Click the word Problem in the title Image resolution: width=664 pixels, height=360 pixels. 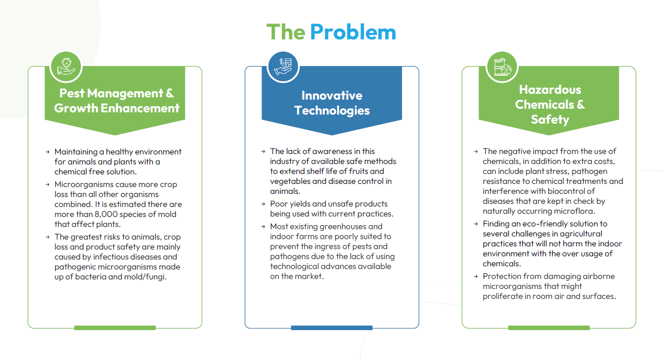point(353,32)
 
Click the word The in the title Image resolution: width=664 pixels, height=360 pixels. point(286,32)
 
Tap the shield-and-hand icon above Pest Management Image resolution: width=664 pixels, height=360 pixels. point(66,67)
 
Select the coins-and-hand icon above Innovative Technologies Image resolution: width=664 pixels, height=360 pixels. point(283,67)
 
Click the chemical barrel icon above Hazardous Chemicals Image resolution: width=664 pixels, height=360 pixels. point(502,67)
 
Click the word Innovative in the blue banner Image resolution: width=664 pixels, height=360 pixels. point(332,96)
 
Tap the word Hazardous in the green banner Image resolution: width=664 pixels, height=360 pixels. point(550,90)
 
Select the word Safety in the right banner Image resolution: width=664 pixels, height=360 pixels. point(550,120)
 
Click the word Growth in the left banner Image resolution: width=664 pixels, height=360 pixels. point(76,108)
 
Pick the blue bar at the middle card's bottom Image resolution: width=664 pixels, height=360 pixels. point(332,328)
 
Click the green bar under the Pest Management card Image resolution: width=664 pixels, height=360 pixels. point(115,328)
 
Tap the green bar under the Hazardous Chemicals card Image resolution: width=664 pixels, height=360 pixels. point(549,328)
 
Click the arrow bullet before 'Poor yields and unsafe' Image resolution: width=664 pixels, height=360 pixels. point(263,204)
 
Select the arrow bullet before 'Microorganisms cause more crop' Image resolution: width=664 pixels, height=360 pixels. point(48,184)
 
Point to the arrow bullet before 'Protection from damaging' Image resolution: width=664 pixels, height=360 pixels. point(476,276)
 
